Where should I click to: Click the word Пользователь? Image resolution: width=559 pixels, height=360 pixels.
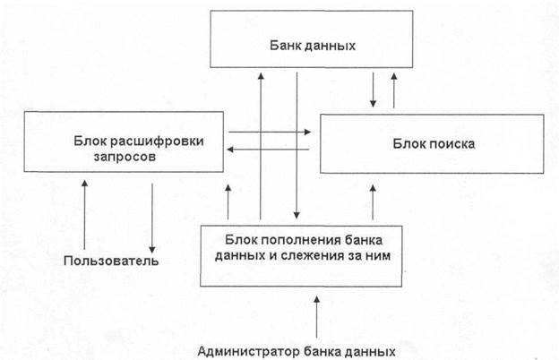(x=111, y=261)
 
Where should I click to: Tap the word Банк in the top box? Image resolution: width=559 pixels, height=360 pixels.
(x=285, y=45)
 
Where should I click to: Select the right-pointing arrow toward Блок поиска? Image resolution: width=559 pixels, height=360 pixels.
(x=270, y=133)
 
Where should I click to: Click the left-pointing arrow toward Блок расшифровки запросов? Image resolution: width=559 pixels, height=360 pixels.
(x=270, y=150)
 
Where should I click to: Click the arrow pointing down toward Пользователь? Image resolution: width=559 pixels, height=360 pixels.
(x=153, y=215)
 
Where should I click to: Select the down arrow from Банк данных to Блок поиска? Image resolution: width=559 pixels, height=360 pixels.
(x=374, y=88)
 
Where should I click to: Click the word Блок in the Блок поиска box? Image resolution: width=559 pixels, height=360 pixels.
(x=409, y=143)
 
